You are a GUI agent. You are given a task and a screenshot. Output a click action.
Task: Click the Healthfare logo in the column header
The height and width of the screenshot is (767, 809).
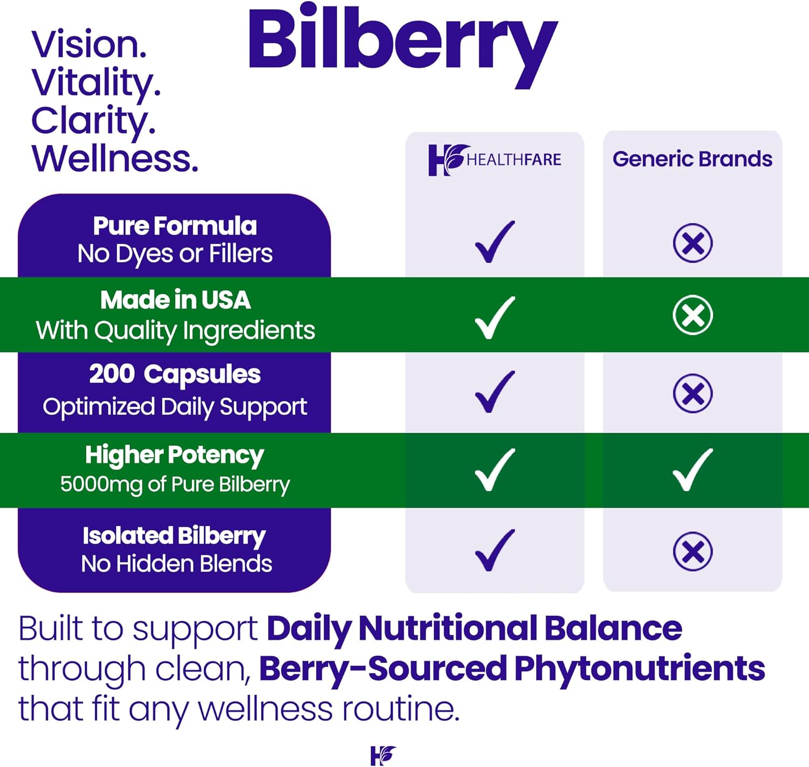coord(495,160)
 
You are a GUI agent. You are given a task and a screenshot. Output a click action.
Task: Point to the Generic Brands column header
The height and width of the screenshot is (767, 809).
coord(693,159)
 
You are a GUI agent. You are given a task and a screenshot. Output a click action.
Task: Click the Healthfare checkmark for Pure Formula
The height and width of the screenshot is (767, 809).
coord(495,242)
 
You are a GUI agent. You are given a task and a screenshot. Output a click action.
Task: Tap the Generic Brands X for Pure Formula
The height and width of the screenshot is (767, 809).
coord(693,243)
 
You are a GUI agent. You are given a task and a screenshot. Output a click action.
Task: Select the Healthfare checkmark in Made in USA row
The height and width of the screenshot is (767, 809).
coord(495,318)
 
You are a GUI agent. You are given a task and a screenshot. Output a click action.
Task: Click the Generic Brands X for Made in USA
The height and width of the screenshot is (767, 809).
coord(693,315)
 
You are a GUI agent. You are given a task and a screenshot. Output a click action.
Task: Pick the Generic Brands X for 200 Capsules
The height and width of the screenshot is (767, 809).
coord(693,393)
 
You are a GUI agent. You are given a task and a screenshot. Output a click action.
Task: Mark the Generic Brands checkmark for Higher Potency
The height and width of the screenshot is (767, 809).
coord(693,470)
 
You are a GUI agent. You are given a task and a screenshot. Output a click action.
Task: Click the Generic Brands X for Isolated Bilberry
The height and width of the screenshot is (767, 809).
coord(693,551)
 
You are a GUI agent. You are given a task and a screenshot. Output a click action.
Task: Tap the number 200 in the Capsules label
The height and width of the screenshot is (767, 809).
coord(112,374)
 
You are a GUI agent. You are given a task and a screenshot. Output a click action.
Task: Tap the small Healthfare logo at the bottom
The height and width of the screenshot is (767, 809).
coord(383,756)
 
